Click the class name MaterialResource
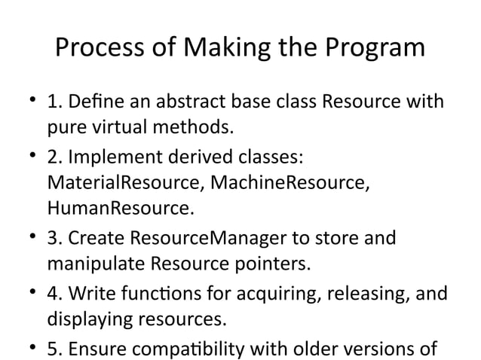pyautogui.click(x=124, y=182)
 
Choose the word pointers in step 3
pyautogui.click(x=270, y=264)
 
